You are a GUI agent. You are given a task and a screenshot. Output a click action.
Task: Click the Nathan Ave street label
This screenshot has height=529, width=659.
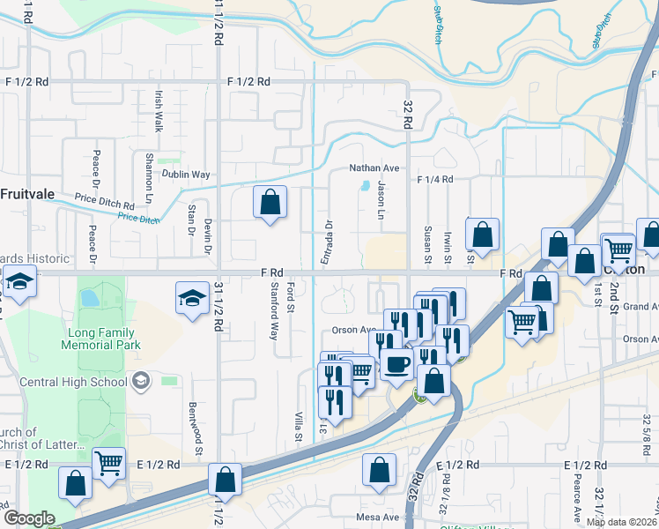tap(374, 168)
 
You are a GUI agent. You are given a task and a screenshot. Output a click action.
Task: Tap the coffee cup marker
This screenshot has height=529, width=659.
tap(396, 364)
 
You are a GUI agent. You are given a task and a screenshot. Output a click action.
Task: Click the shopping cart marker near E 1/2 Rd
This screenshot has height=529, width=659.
tap(108, 462)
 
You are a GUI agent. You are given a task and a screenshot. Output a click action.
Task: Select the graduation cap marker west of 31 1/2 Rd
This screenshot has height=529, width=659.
tap(191, 298)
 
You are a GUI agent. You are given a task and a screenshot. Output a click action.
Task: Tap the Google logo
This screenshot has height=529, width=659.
tap(29, 518)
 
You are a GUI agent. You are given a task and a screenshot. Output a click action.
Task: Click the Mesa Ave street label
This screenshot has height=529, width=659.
tap(379, 517)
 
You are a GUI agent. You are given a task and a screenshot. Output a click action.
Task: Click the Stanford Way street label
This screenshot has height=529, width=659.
tap(275, 311)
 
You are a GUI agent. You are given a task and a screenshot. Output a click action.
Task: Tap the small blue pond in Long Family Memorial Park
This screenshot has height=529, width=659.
tap(89, 298)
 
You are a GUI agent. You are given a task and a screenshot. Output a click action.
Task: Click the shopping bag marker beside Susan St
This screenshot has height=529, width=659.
tap(482, 235)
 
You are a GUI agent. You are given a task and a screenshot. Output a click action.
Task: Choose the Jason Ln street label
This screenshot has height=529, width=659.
tap(381, 202)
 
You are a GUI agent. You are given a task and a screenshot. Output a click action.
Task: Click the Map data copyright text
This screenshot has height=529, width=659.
tap(622, 522)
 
